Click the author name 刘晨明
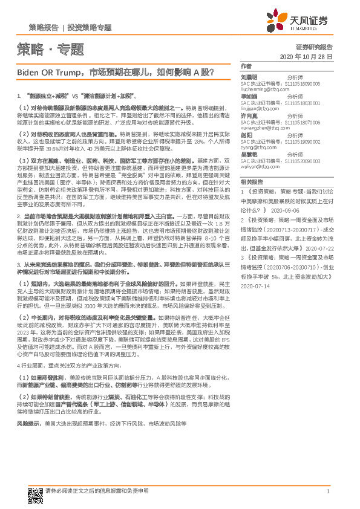249,77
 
